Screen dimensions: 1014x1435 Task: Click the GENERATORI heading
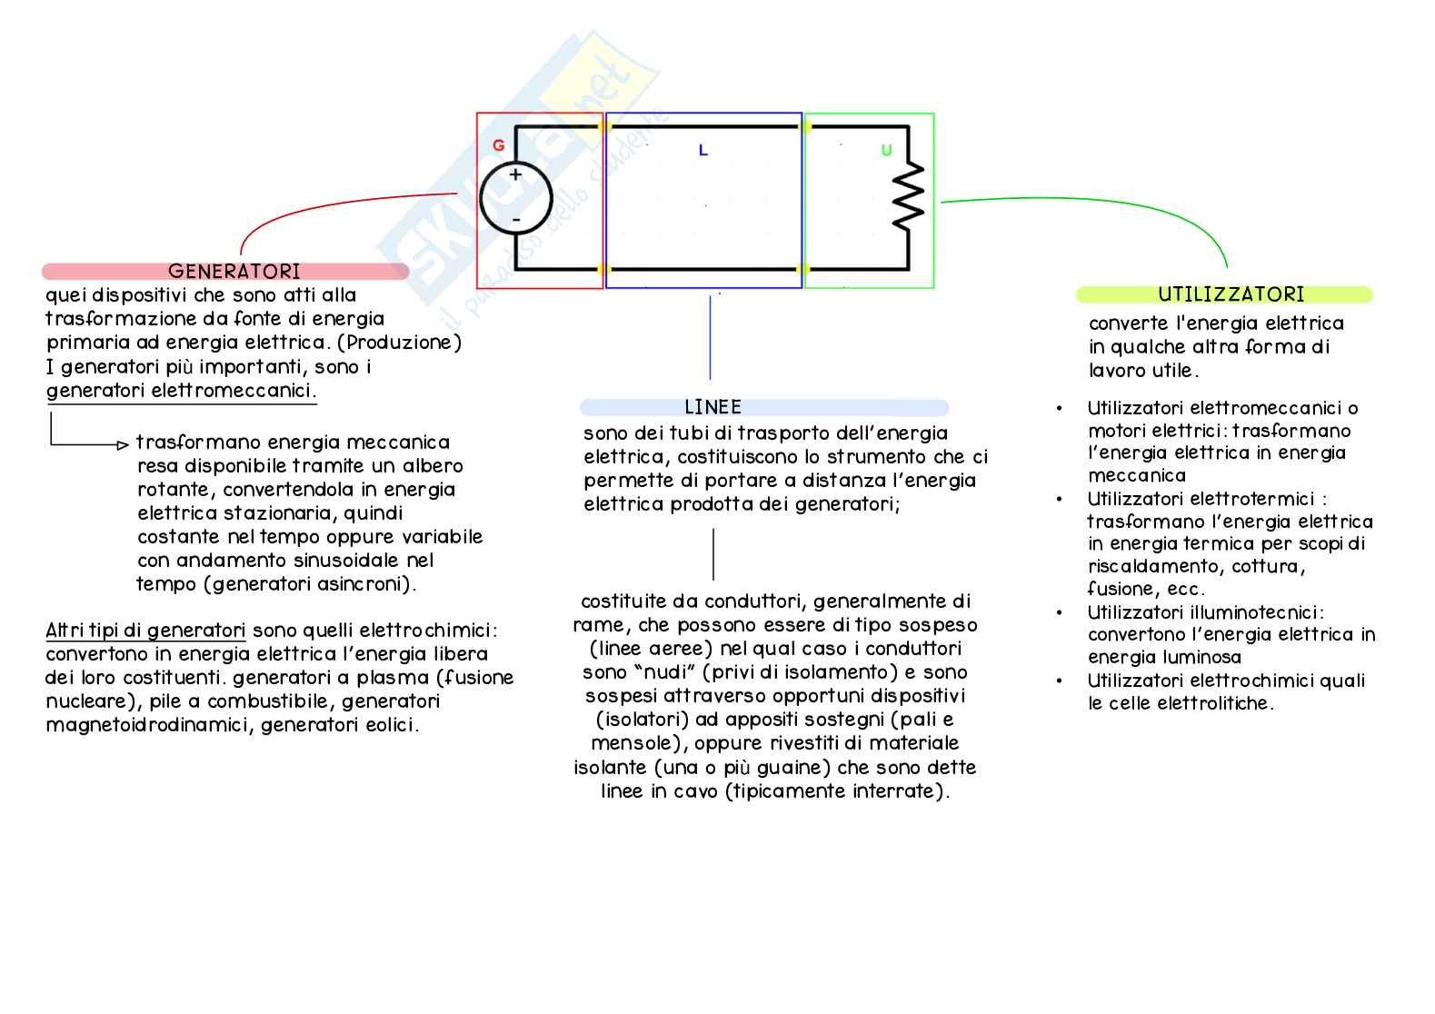tap(234, 271)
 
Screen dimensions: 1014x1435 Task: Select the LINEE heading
tap(713, 407)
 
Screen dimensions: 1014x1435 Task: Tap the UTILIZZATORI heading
tap(1231, 294)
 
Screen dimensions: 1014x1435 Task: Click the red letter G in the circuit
tap(498, 145)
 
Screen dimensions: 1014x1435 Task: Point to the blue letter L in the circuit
tap(703, 151)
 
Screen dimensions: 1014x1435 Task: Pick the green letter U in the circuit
tap(886, 151)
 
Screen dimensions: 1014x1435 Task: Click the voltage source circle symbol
tap(515, 199)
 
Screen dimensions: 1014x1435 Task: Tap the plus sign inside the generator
tap(515, 174)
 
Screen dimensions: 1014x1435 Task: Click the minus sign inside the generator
tap(515, 220)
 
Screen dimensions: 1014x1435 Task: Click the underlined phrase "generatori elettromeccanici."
tap(181, 391)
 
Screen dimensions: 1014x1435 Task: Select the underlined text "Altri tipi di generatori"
tap(145, 631)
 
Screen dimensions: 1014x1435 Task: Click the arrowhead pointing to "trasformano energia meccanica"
tap(123, 445)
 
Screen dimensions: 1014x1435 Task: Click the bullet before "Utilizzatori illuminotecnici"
tap(1060, 613)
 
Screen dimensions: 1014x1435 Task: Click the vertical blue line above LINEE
tap(710, 336)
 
